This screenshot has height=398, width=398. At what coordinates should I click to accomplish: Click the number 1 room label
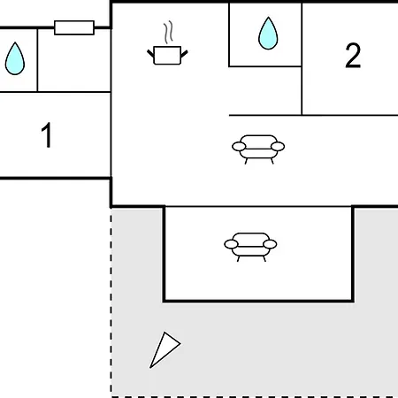47,134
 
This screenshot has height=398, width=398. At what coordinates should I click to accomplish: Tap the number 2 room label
353,56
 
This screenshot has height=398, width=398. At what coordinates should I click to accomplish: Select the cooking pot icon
167,42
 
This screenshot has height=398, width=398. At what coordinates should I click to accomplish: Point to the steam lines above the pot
168,32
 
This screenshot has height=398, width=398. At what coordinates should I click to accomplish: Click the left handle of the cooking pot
150,54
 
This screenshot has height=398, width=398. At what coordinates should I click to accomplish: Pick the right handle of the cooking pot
184,54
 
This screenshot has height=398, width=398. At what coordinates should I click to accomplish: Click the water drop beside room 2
268,34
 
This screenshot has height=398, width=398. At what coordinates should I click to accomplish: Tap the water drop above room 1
15,58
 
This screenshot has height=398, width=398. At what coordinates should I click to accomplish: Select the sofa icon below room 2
258,149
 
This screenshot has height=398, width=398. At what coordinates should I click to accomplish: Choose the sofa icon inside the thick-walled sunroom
250,247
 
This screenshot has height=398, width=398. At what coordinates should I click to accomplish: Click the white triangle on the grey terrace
165,348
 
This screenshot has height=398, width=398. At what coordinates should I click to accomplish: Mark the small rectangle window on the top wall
74,27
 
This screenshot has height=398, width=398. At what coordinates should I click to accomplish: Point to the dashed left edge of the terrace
111,302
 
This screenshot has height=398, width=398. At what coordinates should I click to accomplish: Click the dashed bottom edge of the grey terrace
255,396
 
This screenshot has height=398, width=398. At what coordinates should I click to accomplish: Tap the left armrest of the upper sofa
239,146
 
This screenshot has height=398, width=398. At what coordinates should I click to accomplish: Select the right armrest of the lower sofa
270,244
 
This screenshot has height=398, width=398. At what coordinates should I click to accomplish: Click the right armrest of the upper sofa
278,146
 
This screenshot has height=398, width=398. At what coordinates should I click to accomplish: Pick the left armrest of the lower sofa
231,244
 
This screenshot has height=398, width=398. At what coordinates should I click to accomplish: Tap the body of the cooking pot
167,55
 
